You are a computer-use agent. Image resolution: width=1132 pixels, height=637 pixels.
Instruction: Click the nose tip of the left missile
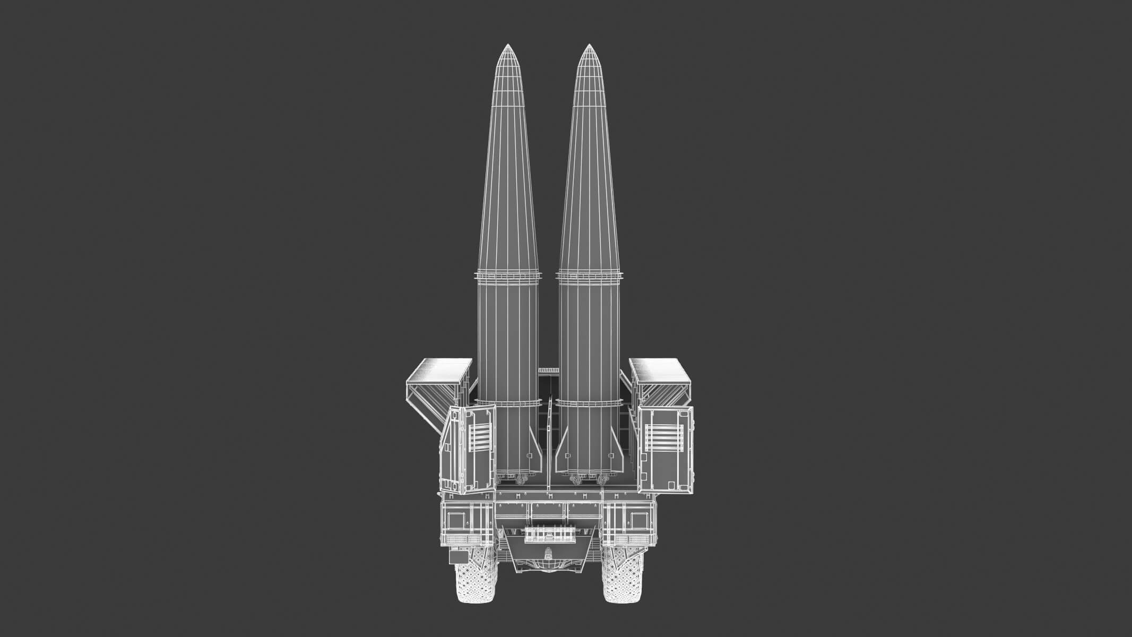508,45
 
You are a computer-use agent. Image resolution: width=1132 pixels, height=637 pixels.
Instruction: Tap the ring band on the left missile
509,277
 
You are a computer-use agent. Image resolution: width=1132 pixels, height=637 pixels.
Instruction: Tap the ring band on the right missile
589,277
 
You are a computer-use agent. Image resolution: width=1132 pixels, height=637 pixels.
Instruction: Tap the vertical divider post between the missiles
549,441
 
